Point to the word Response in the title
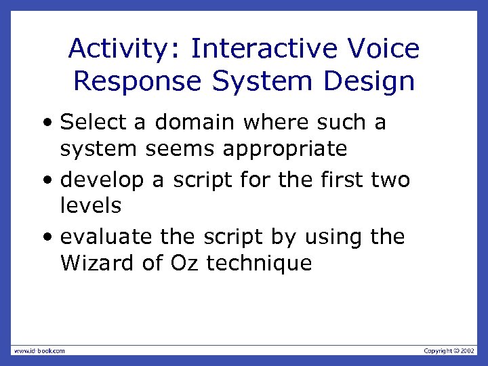pos(138,81)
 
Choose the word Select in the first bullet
pos(93,123)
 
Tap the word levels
pos(90,205)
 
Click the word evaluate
pos(107,237)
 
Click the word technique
pos(259,264)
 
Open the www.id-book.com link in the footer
pos(39,350)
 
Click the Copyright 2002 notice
pos(449,350)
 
